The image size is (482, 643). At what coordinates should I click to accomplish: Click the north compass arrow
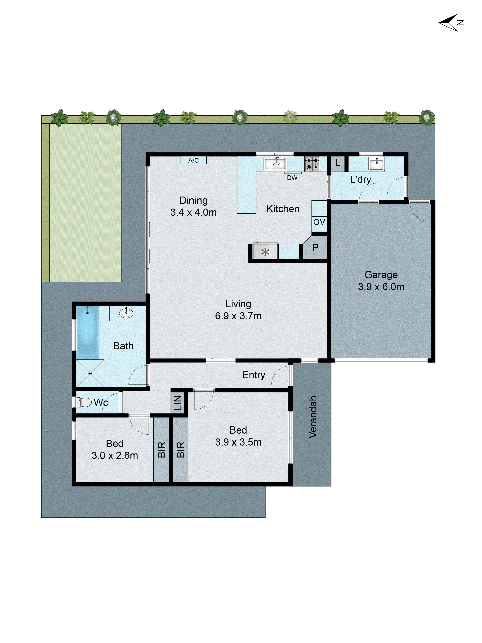coord(449,22)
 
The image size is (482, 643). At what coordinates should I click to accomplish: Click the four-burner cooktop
coord(312,164)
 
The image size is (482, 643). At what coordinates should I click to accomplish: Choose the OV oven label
coord(319,222)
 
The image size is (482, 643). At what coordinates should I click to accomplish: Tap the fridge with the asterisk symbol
coord(265,251)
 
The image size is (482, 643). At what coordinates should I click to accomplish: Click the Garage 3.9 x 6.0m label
coord(381,281)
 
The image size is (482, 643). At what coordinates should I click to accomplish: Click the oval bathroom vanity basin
coord(126,313)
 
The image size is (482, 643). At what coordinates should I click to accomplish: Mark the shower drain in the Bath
coord(90,374)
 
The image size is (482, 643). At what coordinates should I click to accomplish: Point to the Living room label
coord(238,304)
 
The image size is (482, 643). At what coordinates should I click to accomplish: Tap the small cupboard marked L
coord(338,163)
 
